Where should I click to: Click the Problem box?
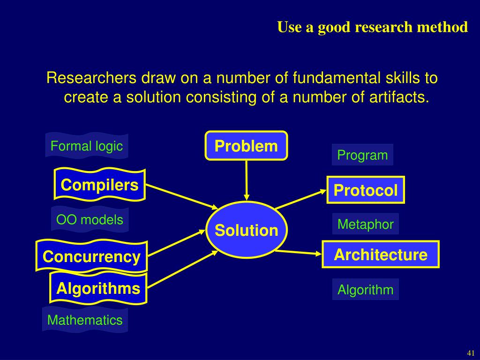(246, 146)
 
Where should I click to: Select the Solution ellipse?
(246, 230)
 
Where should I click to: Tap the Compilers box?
(99, 185)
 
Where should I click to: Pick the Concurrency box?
(91, 256)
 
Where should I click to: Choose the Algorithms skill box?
(98, 288)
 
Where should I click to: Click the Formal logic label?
(87, 146)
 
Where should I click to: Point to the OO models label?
(90, 219)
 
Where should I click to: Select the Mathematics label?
(85, 320)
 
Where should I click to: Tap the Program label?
(362, 155)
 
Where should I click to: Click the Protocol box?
(366, 190)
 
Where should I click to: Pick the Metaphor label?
(366, 224)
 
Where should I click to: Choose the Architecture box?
(381, 255)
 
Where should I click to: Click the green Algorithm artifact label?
(366, 290)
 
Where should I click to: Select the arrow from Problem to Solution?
(247, 180)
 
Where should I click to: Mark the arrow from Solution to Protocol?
(300, 199)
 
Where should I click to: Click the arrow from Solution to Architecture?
(300, 253)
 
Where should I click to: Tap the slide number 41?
(471, 352)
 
